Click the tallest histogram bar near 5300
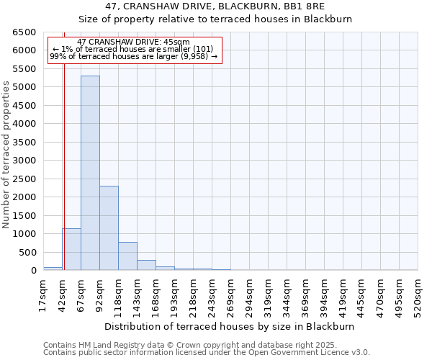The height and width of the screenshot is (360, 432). [x=90, y=173]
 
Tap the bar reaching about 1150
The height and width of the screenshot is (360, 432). [x=71, y=249]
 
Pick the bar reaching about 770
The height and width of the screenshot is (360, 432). [x=127, y=256]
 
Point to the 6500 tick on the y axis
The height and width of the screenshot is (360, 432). [x=24, y=32]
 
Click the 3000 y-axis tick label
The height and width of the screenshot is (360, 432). [x=24, y=161]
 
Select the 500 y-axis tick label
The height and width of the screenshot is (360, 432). [x=27, y=253]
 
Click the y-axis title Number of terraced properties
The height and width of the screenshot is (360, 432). [x=7, y=155]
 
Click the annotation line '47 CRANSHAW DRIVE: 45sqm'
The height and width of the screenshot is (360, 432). [x=133, y=42]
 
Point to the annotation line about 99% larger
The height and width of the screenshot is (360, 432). [x=133, y=56]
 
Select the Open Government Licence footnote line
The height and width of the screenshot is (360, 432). [x=207, y=353]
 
